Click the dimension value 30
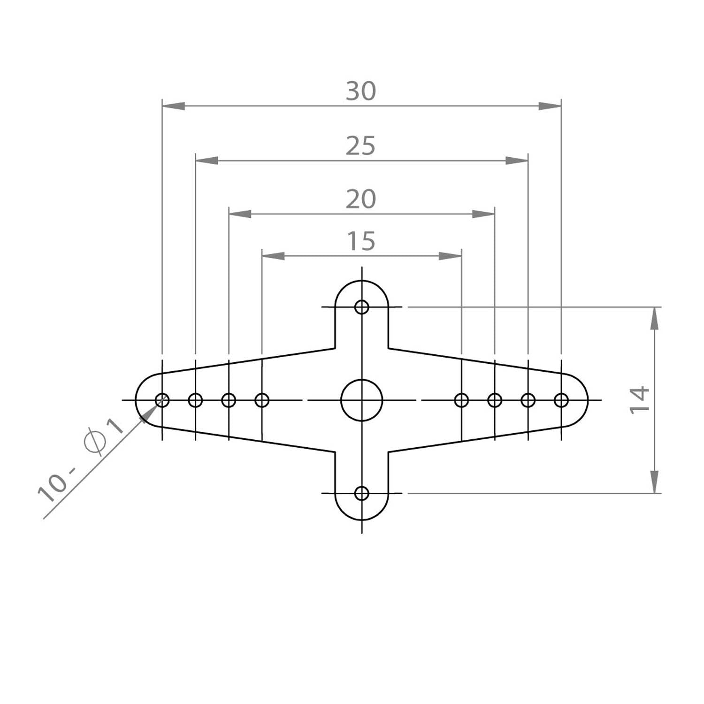click(x=361, y=91)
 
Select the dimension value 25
click(x=361, y=145)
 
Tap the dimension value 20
click(x=361, y=199)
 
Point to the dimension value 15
click(x=361, y=241)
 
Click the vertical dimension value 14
click(x=639, y=399)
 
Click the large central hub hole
click(x=361, y=400)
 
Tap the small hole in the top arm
click(x=361, y=307)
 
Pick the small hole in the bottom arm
click(x=361, y=493)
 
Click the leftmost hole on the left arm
click(x=162, y=400)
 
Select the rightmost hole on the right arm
click(x=561, y=400)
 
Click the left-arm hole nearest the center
click(x=262, y=400)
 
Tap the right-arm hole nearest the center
click(x=461, y=400)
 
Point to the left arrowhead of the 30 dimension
click(x=173, y=107)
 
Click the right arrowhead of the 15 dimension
click(x=451, y=256)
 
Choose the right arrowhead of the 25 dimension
click(x=517, y=161)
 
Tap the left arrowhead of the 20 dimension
click(x=240, y=214)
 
